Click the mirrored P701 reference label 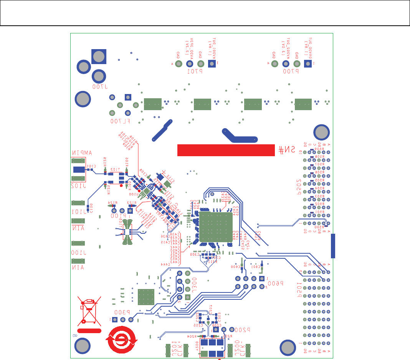coord(195,72)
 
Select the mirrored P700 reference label coord(291,72)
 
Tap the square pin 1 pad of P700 coord(307,64)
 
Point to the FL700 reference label coord(120,121)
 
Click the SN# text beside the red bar coord(287,150)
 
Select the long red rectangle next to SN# coord(226,150)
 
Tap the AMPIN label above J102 coord(81,153)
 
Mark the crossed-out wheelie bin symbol coord(89,310)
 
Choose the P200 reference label coord(243,329)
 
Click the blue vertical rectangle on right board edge coord(333,246)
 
